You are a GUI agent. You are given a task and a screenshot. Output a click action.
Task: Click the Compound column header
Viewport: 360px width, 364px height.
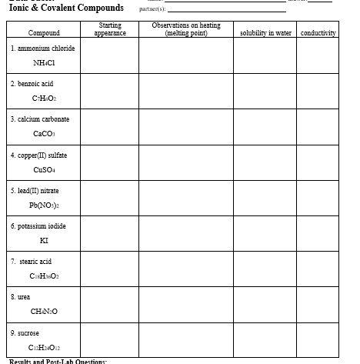point(43,33)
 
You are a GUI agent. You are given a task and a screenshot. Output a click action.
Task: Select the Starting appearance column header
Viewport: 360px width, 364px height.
point(110,29)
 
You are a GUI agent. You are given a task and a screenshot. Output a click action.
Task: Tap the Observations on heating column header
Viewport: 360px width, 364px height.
point(186,29)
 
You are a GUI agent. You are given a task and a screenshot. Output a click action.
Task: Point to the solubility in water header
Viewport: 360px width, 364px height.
point(265,33)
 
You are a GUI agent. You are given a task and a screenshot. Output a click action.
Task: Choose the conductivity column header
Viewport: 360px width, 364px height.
point(318,33)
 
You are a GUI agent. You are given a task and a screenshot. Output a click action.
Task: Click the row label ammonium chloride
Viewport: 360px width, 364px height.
point(43,48)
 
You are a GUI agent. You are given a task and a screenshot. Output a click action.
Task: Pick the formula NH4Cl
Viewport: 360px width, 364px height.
point(44,63)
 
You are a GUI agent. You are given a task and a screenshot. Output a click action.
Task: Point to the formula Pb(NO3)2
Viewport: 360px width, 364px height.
point(44,205)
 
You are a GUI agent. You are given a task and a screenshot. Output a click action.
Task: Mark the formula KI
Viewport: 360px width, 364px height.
point(44,241)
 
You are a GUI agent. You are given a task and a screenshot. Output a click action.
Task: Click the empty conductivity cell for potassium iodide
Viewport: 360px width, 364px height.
point(318,233)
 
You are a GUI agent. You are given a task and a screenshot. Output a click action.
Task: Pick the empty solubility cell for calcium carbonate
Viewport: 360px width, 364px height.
point(265,127)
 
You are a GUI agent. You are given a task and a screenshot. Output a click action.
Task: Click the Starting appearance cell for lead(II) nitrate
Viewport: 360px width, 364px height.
point(110,198)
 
